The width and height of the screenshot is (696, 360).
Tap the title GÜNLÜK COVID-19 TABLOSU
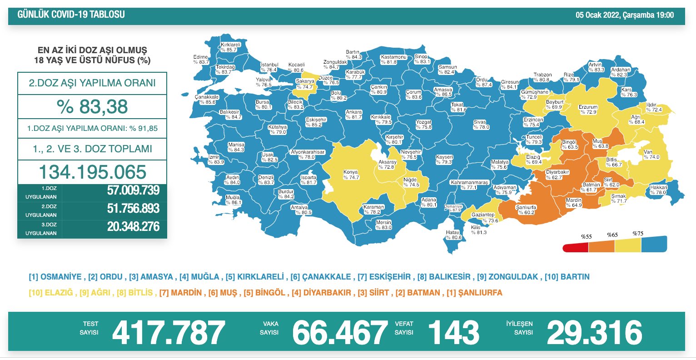click(x=71, y=15)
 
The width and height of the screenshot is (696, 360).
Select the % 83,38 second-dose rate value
click(x=92, y=107)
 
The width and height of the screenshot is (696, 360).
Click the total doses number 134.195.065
click(x=92, y=172)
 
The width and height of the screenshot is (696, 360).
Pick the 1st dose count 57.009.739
click(x=133, y=190)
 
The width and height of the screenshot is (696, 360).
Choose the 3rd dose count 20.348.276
click(x=133, y=226)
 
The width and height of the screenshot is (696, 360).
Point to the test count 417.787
click(x=168, y=332)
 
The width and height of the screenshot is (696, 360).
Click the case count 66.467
click(x=340, y=332)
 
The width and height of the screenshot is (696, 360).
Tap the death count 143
click(x=453, y=332)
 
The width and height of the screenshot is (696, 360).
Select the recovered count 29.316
click(x=594, y=332)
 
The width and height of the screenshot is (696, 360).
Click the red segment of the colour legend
click(x=576, y=248)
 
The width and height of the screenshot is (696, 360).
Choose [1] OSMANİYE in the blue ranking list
click(x=55, y=277)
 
